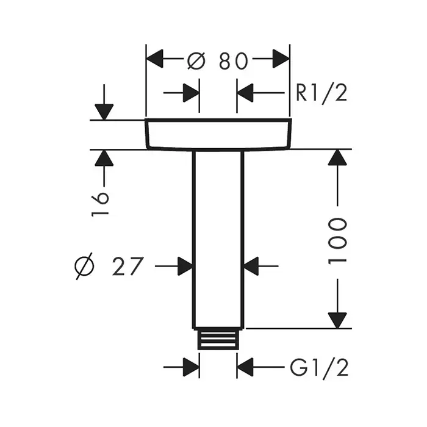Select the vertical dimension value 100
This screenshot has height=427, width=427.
(x=337, y=240)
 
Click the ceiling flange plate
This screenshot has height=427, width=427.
(x=218, y=134)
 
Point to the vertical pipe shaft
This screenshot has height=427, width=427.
(x=218, y=238)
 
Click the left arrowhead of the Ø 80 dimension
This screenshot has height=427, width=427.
(x=156, y=60)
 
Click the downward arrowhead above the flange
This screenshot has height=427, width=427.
(x=104, y=112)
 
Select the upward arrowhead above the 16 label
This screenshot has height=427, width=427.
(x=104, y=158)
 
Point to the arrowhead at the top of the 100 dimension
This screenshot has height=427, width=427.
(x=337, y=158)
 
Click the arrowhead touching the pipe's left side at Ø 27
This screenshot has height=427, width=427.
(x=184, y=266)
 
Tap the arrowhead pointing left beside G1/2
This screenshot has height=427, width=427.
(x=246, y=367)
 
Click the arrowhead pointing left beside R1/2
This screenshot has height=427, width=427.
(x=246, y=93)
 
